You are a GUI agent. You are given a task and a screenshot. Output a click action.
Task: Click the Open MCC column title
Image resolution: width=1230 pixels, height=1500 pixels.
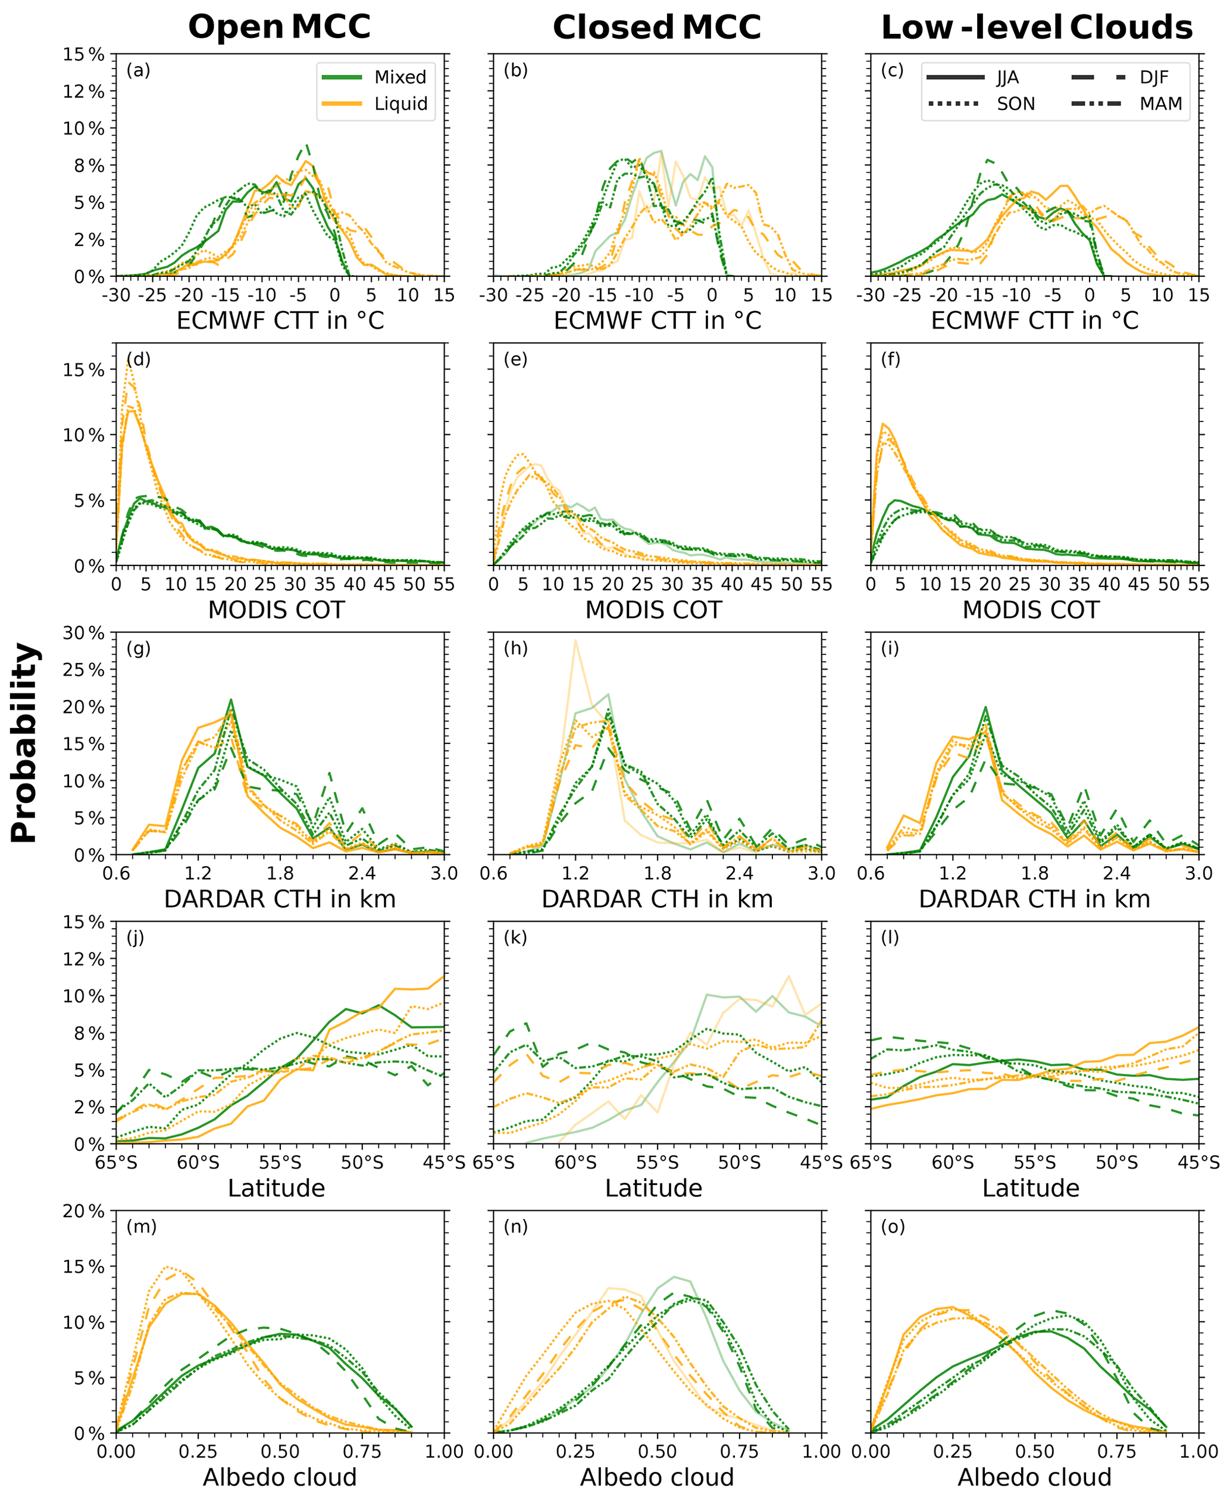[x=279, y=27]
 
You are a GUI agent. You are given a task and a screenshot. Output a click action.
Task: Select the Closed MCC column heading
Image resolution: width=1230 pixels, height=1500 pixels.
[x=656, y=27]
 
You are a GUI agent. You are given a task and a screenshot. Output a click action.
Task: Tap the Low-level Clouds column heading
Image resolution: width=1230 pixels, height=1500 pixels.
[x=1036, y=27]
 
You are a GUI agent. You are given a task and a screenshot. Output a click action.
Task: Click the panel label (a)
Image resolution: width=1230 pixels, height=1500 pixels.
[x=138, y=70]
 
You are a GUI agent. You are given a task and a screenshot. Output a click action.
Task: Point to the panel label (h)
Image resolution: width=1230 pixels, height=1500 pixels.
[x=515, y=648]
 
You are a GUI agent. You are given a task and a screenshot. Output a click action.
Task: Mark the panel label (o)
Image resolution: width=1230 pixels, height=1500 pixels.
[x=893, y=1227]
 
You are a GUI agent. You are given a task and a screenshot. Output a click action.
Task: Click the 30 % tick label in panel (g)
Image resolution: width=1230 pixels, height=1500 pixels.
[x=83, y=633]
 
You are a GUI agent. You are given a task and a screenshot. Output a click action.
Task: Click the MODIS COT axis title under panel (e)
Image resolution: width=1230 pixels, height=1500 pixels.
[x=653, y=610]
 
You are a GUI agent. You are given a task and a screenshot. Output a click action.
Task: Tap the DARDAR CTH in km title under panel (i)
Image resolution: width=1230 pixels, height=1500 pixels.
[x=1034, y=899]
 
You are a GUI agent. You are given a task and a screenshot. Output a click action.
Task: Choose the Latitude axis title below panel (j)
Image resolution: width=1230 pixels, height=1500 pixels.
[x=276, y=1188]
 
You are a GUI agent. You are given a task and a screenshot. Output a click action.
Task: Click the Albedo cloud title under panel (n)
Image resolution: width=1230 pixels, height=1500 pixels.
[x=657, y=1477]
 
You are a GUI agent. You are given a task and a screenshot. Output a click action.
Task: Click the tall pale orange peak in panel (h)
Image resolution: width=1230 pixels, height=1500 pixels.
[x=575, y=641]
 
